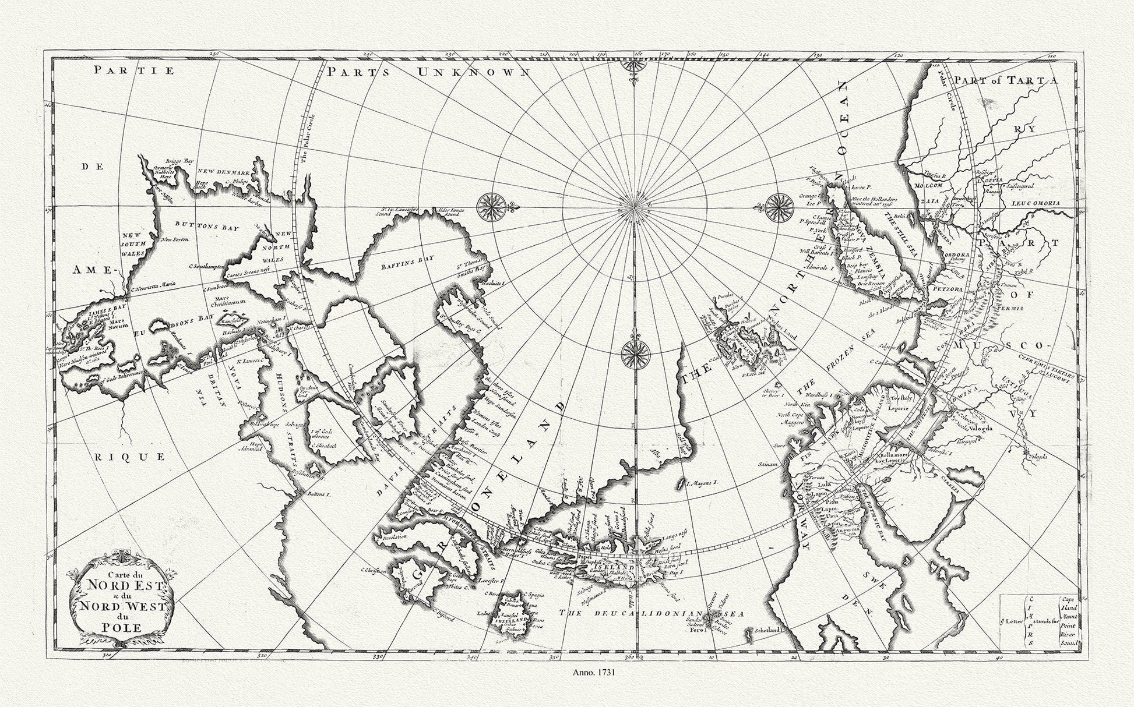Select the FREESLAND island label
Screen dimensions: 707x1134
pos(505,621)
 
